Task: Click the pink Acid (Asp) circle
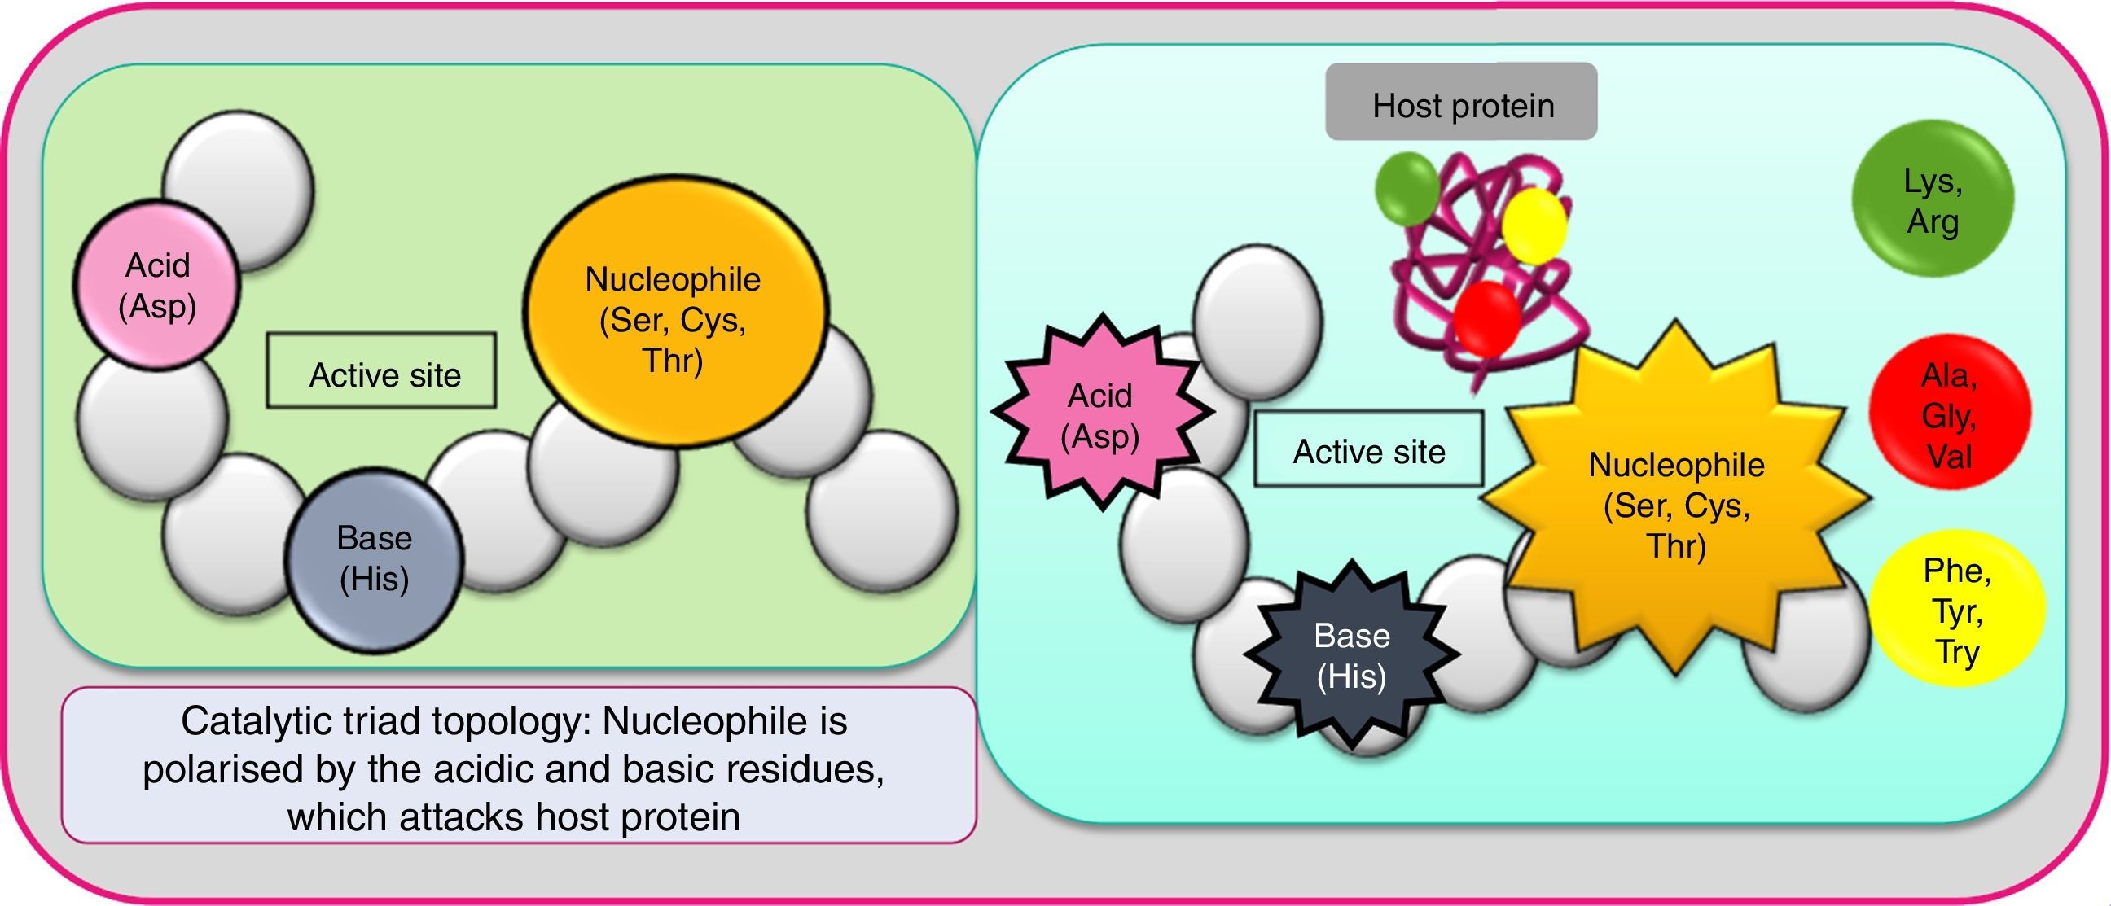point(156,285)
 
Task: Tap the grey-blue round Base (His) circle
point(374,560)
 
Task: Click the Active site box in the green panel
point(381,371)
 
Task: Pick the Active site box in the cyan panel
point(1368,449)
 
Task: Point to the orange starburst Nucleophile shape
point(1676,504)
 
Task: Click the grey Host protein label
point(1461,103)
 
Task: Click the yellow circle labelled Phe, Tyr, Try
point(1957,611)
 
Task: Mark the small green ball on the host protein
point(1407,187)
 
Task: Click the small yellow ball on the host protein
point(1535,225)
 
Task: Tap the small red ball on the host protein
point(1487,317)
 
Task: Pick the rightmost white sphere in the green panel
point(884,511)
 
